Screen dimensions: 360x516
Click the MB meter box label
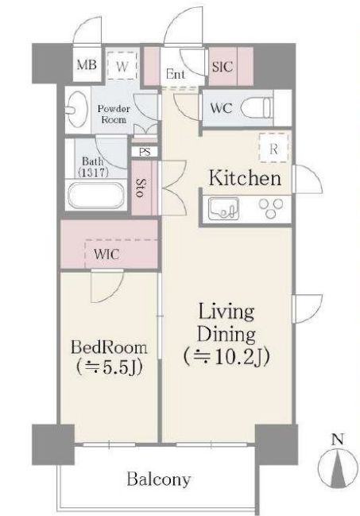87,65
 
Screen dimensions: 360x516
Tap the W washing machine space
122,65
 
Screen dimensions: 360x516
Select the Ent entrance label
176,74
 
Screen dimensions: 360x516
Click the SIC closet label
223,67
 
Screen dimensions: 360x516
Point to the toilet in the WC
257,107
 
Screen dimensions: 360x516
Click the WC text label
221,108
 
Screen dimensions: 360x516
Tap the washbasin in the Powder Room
76,107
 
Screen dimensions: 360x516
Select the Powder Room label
114,114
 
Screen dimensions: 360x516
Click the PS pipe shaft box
145,152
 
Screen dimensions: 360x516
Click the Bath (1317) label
93,166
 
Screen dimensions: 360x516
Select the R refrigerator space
274,148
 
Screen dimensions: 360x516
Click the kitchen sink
224,208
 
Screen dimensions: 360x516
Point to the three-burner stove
271,208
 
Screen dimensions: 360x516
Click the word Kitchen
245,179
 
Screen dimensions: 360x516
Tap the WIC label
106,254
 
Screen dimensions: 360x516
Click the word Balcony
159,479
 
